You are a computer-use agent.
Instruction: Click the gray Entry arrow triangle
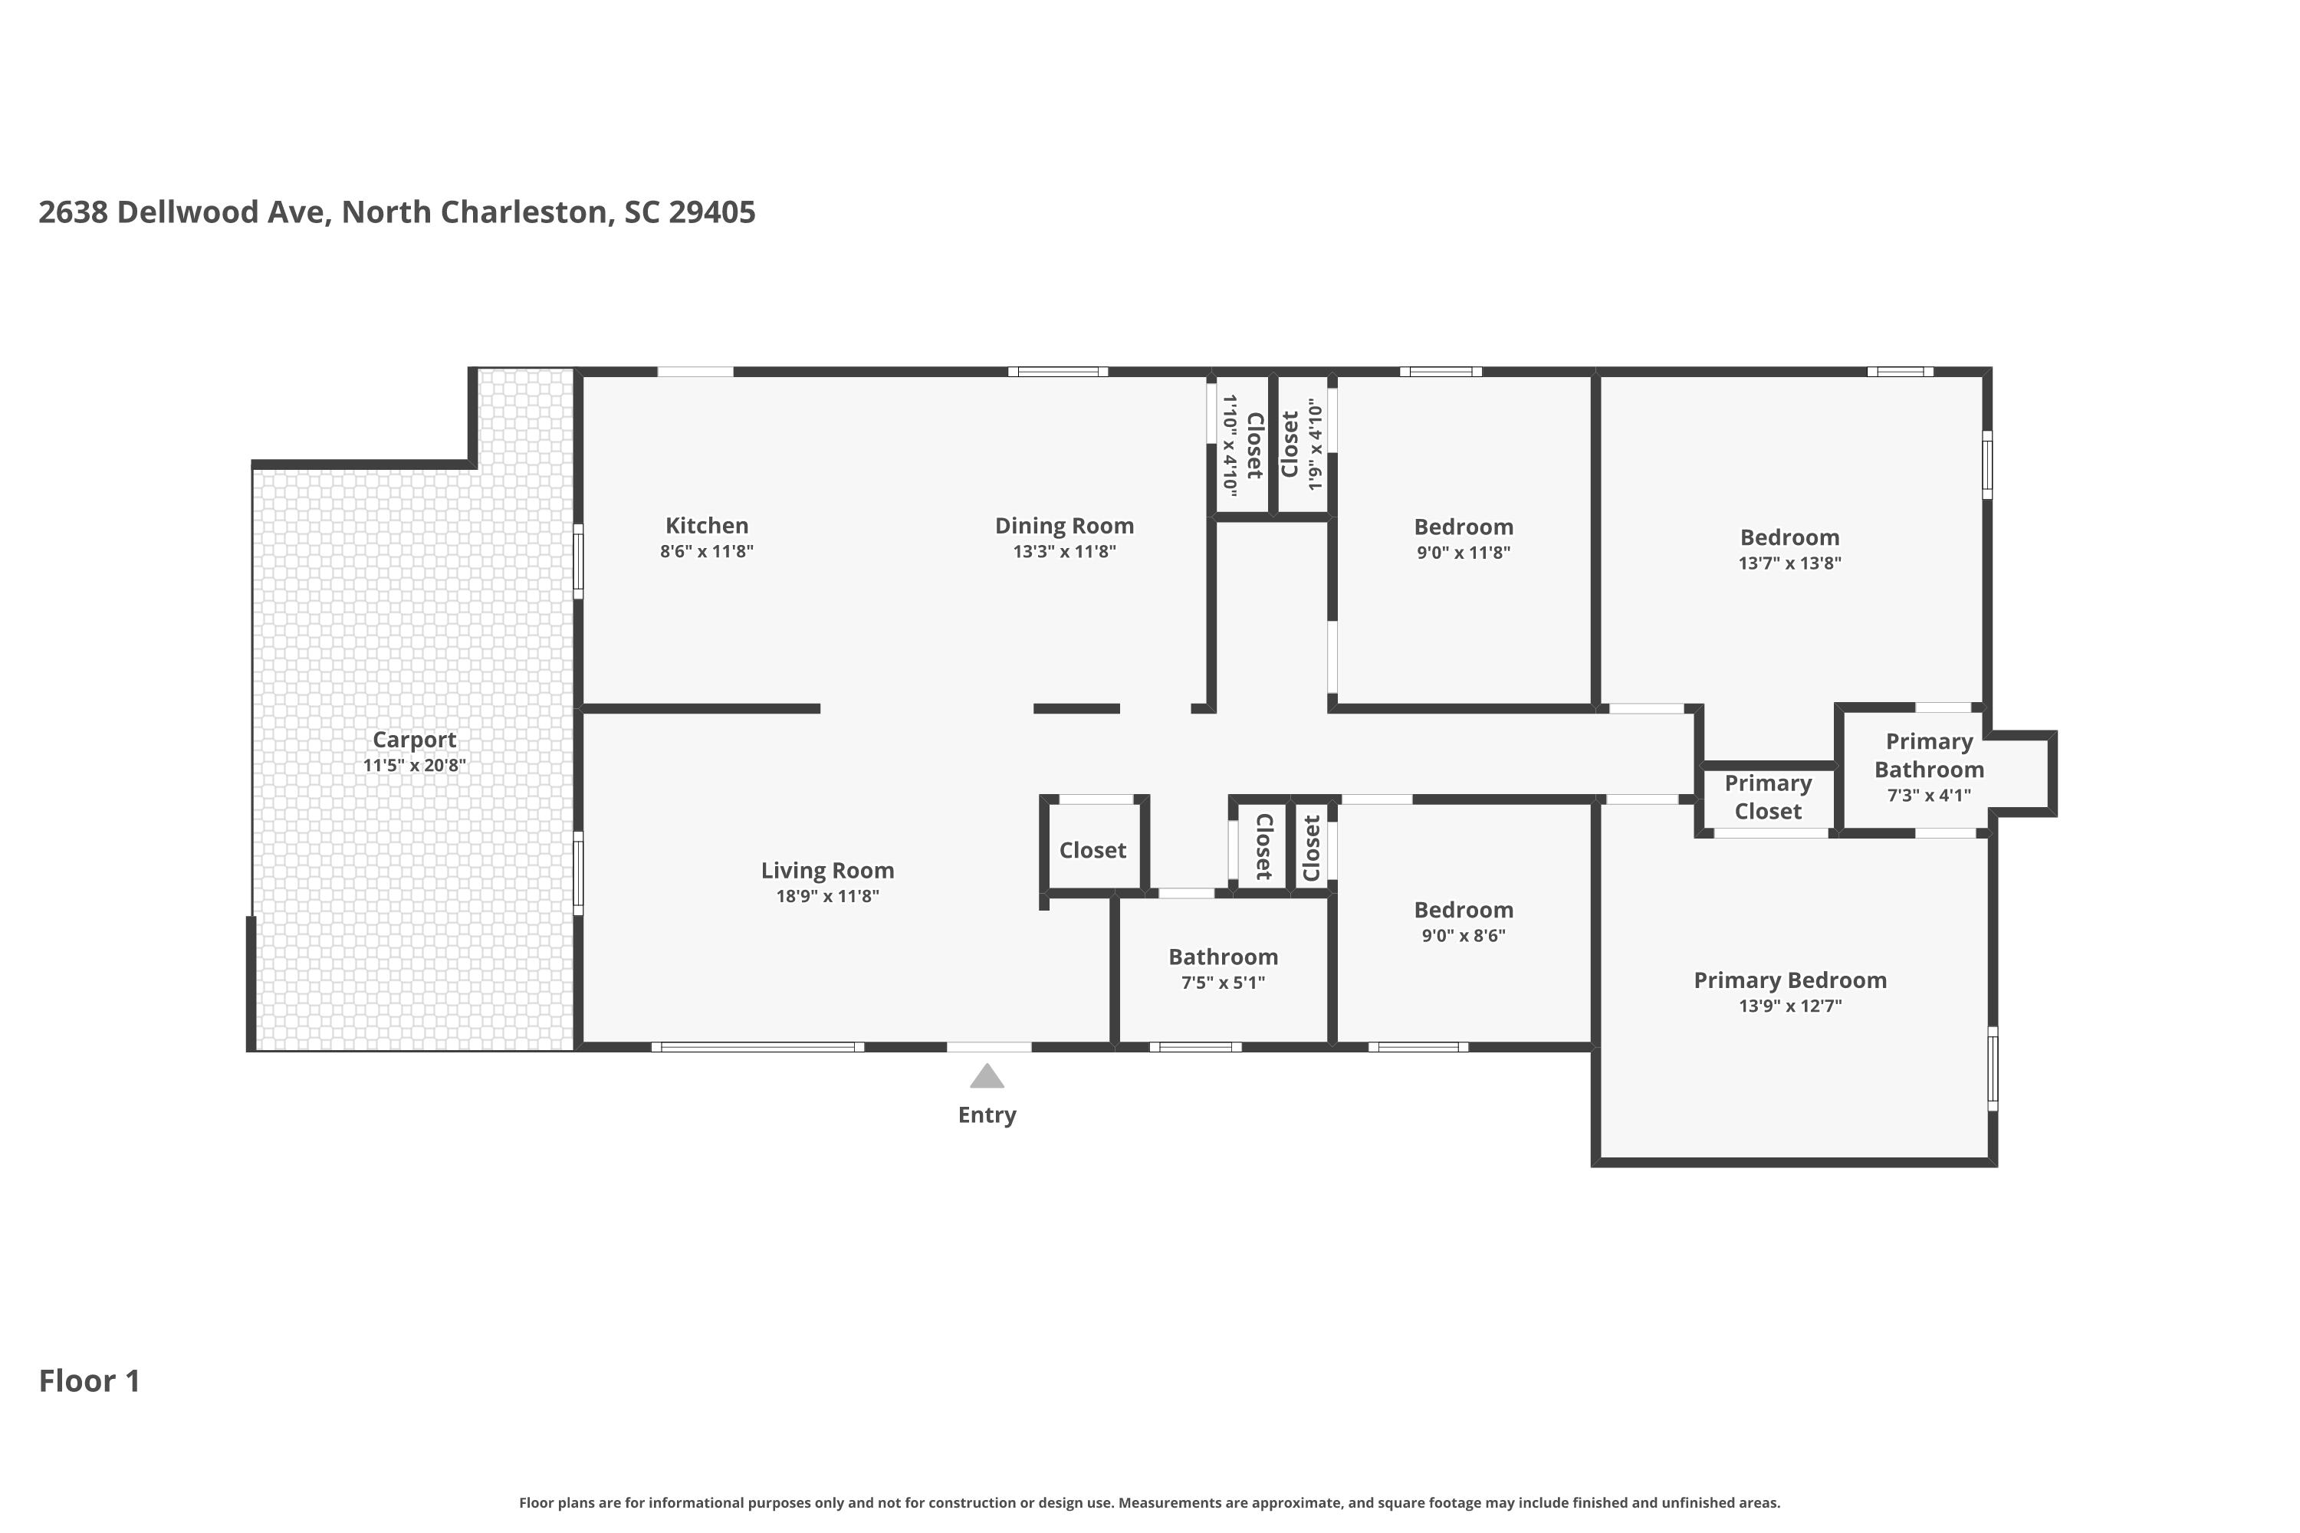[987, 1076]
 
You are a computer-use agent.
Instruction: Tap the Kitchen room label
[707, 525]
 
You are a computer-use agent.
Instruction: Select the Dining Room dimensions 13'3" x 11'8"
[1064, 551]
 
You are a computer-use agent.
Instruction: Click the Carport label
[415, 740]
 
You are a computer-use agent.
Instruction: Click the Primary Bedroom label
[1790, 980]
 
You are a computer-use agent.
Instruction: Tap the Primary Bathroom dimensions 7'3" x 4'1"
[1930, 796]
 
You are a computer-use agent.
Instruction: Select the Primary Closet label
[1768, 797]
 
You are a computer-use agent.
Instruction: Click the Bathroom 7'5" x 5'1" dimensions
[1224, 983]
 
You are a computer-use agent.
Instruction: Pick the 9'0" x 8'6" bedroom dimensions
[1464, 936]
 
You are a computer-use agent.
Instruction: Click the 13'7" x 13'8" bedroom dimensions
[1789, 563]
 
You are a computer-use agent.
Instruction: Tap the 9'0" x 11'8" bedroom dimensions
[1464, 553]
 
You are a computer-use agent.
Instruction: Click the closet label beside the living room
[1092, 851]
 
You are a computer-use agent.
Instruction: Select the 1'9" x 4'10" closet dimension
[1316, 444]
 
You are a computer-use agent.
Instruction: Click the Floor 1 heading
[89, 1380]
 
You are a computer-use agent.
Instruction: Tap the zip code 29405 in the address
[712, 212]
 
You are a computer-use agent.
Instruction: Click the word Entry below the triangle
[987, 1115]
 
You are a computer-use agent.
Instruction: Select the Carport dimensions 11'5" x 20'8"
[415, 766]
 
